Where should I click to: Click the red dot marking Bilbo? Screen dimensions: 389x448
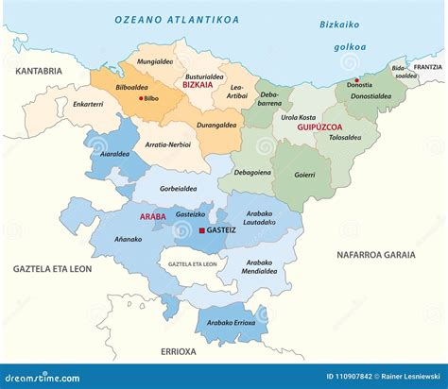(142, 98)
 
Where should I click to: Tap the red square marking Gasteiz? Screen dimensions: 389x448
(200, 229)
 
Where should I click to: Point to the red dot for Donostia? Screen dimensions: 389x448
(355, 80)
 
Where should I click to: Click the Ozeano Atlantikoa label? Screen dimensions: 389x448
(177, 19)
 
